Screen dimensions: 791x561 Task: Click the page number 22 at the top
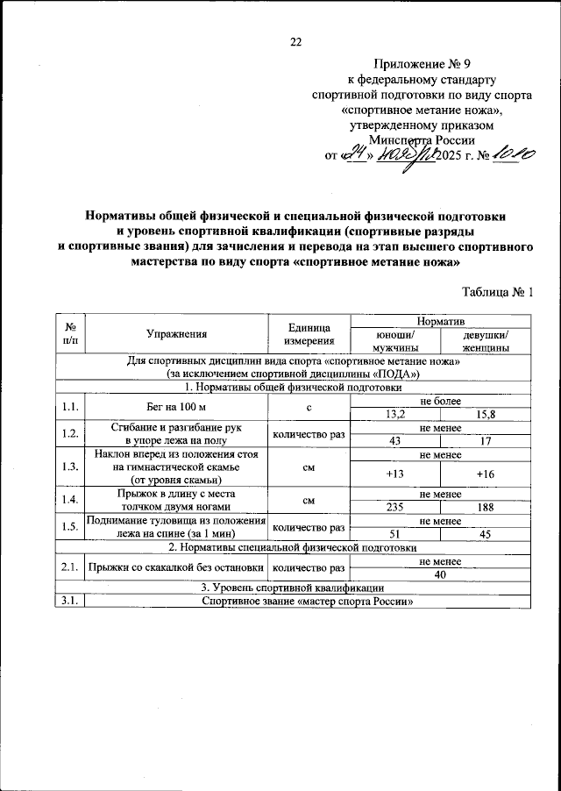(x=295, y=42)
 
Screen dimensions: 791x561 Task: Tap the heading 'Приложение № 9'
(x=415, y=63)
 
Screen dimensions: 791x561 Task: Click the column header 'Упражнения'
(x=177, y=334)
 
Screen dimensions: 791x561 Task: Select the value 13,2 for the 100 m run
(x=395, y=414)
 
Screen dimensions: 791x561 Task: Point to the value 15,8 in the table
(x=486, y=414)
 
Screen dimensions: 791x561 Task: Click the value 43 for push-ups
(x=395, y=441)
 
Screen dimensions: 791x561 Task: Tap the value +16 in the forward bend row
(x=486, y=474)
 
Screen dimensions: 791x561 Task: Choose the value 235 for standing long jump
(x=395, y=507)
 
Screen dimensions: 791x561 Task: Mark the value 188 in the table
(x=486, y=507)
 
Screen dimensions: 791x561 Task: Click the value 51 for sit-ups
(x=395, y=533)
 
